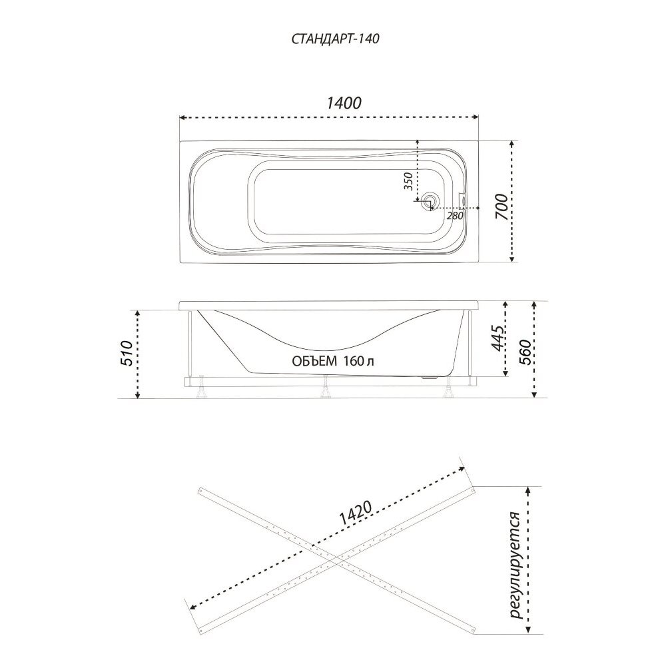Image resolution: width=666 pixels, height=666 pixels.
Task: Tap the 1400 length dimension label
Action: (344, 103)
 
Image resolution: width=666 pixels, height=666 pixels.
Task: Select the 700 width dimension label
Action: (501, 206)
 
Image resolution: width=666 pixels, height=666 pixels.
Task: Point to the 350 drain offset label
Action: (408, 181)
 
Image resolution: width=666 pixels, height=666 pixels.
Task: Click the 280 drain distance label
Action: (454, 215)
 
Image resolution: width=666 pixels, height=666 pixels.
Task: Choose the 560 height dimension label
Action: (525, 352)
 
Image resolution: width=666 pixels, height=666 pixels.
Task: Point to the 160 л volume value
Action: (360, 361)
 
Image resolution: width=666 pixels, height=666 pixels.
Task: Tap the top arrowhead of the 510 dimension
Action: (137, 314)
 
